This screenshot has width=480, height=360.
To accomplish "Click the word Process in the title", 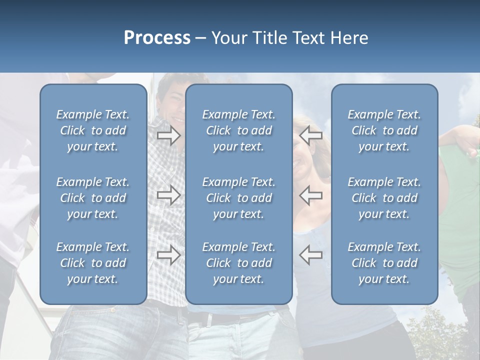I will (x=157, y=38).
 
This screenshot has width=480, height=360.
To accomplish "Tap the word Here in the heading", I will (x=349, y=38).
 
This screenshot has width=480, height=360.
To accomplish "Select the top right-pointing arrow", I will (x=168, y=135).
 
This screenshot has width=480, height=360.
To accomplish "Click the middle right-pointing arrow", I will (x=168, y=195).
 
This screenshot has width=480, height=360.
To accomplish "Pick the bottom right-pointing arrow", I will (x=168, y=255).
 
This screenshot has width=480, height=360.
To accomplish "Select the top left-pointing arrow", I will (x=310, y=135).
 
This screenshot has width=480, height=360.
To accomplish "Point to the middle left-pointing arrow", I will (x=310, y=195).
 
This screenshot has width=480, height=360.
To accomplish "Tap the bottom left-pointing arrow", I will (x=310, y=255).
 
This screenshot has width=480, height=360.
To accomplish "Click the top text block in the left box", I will (x=93, y=130).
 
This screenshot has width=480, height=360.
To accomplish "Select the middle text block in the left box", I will (x=93, y=198).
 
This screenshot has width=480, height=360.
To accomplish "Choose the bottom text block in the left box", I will (x=93, y=263).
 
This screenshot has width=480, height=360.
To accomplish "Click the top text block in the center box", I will (x=238, y=130).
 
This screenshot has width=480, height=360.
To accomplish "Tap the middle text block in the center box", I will (x=238, y=198).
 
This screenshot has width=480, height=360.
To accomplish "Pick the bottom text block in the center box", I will (x=238, y=263).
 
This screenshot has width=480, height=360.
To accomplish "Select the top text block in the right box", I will (x=384, y=130).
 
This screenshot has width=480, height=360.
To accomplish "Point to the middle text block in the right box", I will (x=384, y=198).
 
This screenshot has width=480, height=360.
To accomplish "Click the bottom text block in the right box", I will (x=384, y=263).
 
